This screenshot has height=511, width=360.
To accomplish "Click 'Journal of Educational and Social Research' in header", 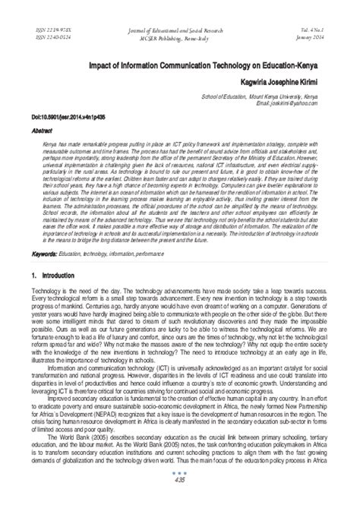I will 179,28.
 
